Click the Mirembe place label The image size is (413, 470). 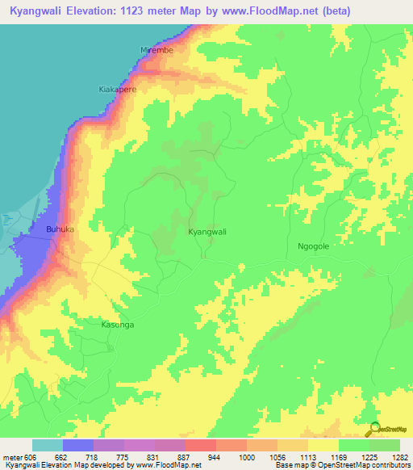[x=157, y=50]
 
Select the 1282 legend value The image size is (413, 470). [x=399, y=457]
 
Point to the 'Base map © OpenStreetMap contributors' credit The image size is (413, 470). [x=341, y=466]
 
